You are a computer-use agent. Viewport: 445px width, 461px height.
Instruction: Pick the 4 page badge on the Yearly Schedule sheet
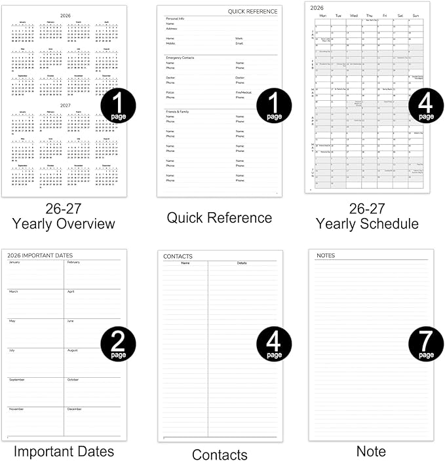click(426, 107)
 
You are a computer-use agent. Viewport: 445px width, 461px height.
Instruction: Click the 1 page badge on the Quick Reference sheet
click(273, 107)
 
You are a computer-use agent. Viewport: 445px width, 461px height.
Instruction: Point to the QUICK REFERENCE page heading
click(253, 12)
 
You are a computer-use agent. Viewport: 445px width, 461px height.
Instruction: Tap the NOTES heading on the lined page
click(326, 255)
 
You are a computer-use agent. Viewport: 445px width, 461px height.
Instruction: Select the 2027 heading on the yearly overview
click(65, 104)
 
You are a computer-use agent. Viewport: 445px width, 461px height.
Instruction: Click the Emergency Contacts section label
click(181, 58)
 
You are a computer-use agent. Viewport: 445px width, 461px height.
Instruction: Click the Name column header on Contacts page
click(185, 263)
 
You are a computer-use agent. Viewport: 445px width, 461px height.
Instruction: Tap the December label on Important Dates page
click(74, 409)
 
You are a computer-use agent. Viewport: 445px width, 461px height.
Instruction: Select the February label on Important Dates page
click(73, 263)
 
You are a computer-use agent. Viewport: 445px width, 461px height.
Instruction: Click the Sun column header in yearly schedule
click(415, 15)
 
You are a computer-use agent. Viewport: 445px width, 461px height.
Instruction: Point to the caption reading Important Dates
click(64, 451)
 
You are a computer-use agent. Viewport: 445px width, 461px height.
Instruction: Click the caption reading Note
click(371, 451)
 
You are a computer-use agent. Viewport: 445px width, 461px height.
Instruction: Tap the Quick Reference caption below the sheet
click(219, 217)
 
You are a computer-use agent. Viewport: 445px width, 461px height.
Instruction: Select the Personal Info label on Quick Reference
click(175, 18)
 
